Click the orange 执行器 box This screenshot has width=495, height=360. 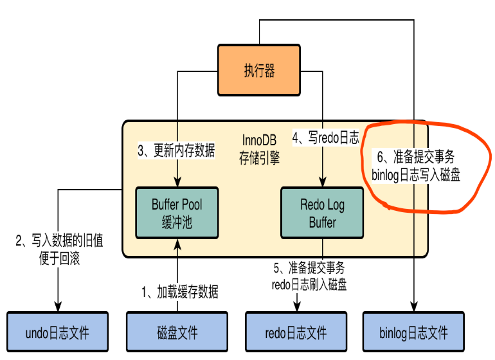coord(259,70)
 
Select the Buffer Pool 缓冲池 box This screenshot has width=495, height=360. coord(177,213)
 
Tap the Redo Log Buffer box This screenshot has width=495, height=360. coord(322,213)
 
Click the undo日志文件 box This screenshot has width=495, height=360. coord(57,332)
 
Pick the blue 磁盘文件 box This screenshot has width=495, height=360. coord(177,332)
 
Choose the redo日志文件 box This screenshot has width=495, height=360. coord(296,332)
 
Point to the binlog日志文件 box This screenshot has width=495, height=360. coord(413,332)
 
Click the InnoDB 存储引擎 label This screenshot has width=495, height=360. coord(259,149)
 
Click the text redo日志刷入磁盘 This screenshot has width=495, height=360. coord(309,285)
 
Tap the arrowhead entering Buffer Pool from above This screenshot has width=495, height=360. coord(177,182)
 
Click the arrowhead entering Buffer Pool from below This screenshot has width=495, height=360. coord(177,244)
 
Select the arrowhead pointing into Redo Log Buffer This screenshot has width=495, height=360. coord(322,182)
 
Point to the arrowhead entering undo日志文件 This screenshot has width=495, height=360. coord(58,307)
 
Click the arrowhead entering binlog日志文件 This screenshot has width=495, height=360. coord(414,307)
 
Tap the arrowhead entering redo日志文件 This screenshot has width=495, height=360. coord(297,307)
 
